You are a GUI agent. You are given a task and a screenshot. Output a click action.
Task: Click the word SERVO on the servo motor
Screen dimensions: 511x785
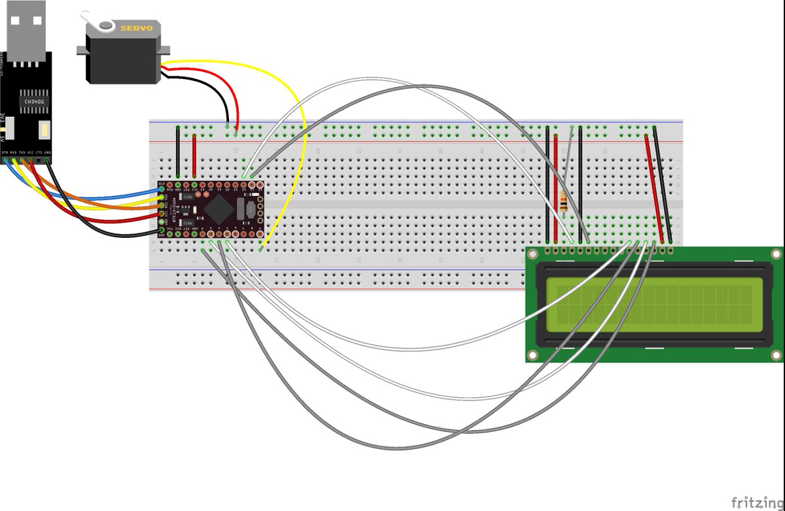[x=136, y=28]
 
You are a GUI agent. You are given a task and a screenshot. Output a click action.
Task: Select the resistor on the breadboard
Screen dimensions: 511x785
[x=564, y=205]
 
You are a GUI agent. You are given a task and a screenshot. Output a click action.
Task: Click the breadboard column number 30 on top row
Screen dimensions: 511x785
[x=400, y=151]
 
